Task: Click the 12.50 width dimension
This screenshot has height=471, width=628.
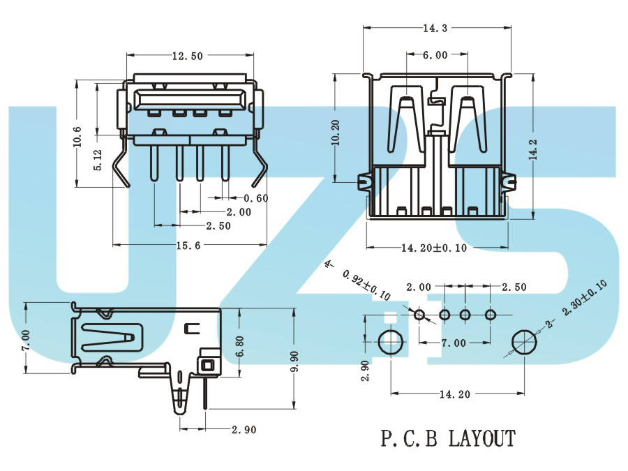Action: (188, 56)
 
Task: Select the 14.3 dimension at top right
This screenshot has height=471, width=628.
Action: (435, 28)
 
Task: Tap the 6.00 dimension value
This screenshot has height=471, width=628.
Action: (435, 55)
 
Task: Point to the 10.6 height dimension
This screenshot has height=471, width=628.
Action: (77, 137)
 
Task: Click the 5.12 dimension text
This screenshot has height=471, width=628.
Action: (98, 160)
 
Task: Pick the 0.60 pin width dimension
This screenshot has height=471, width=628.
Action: (256, 198)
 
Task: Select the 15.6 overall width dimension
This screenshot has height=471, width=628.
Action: (188, 246)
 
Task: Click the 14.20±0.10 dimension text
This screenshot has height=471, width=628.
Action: (434, 248)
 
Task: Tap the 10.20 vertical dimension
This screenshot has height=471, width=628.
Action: (336, 133)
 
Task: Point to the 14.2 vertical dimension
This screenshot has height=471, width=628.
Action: (533, 150)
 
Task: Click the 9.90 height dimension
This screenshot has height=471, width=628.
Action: (294, 361)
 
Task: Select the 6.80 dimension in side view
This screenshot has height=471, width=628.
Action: (239, 346)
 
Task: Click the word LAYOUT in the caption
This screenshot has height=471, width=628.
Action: (481, 438)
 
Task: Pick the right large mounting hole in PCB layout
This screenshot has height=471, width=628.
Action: (525, 342)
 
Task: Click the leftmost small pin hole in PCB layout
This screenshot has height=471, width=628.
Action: (419, 315)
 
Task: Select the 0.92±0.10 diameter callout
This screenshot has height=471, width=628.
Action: (366, 285)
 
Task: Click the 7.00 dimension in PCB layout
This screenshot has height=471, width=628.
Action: (454, 343)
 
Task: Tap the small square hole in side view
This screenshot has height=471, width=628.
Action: (207, 365)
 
